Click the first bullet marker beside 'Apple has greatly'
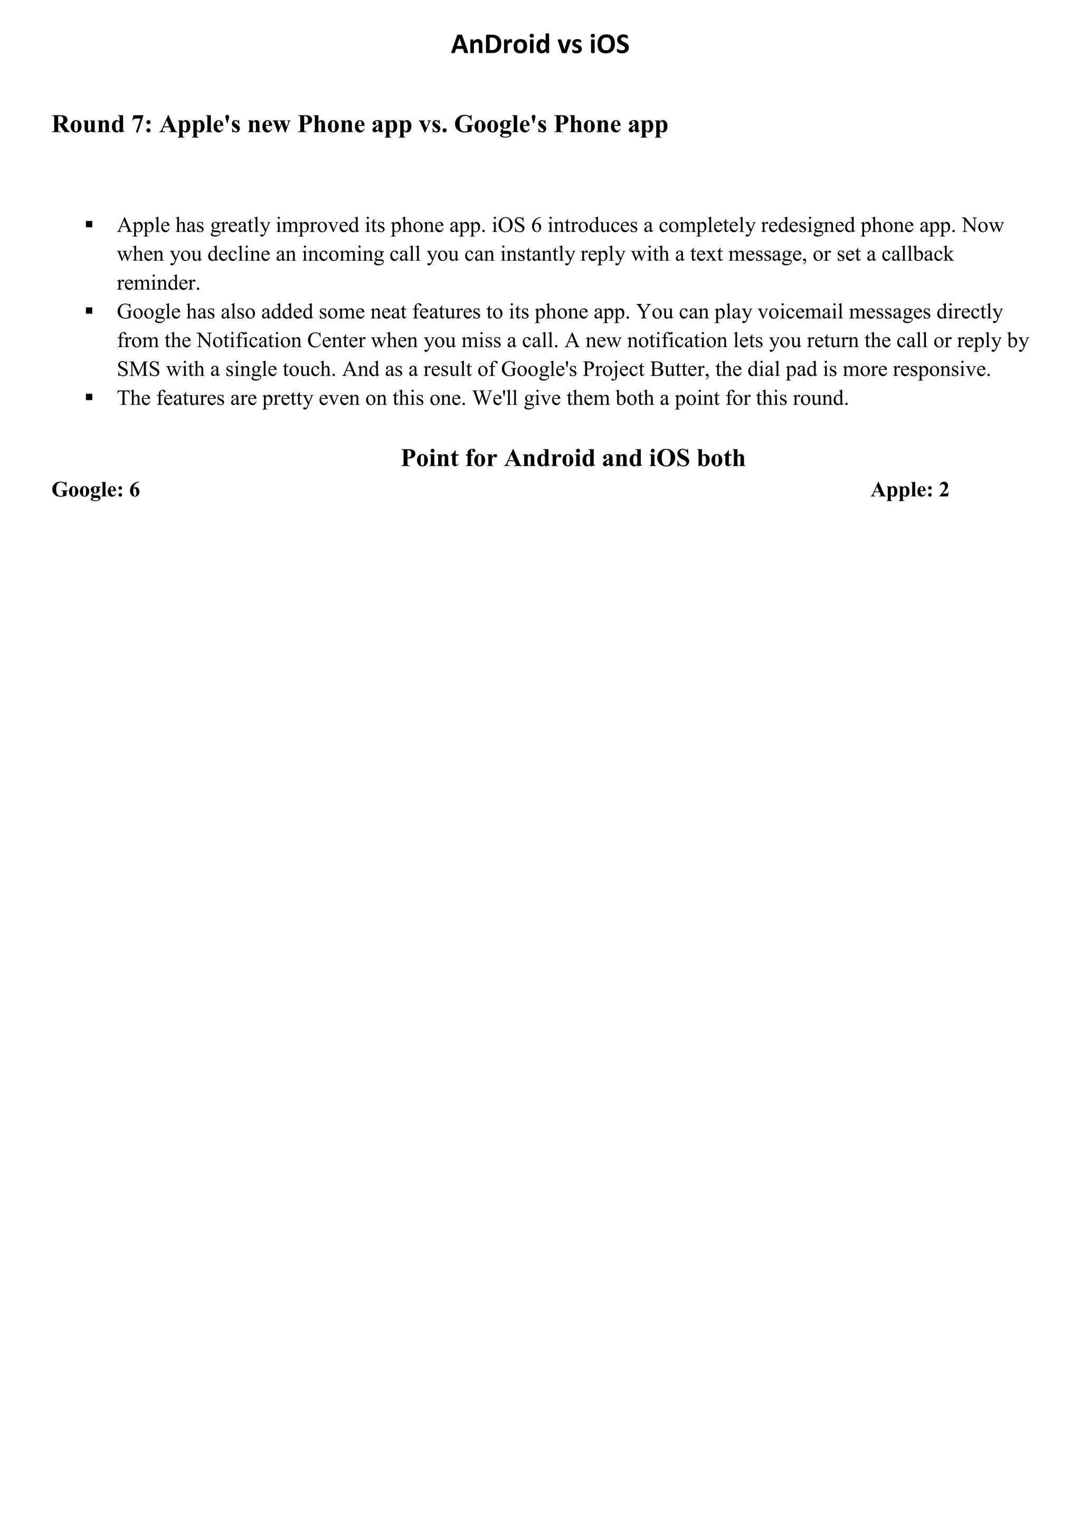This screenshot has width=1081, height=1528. click(89, 225)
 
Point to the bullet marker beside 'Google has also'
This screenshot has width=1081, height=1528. click(89, 311)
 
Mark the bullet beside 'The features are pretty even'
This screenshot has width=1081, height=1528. click(89, 397)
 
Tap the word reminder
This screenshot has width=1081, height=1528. click(158, 283)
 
